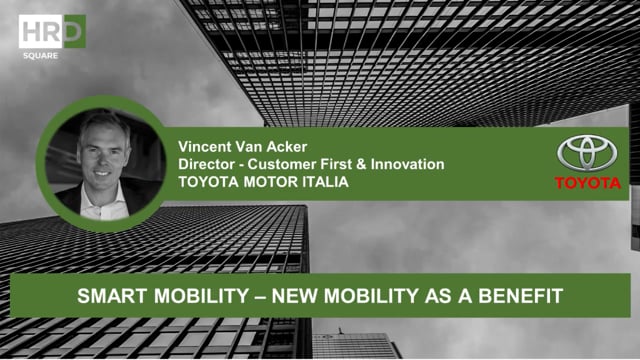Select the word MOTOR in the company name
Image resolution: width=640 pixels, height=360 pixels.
(268, 181)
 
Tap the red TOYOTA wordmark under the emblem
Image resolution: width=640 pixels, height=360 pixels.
(588, 183)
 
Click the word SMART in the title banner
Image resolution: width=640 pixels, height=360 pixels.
(107, 296)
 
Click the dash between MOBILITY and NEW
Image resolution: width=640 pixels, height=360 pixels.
(237, 296)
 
